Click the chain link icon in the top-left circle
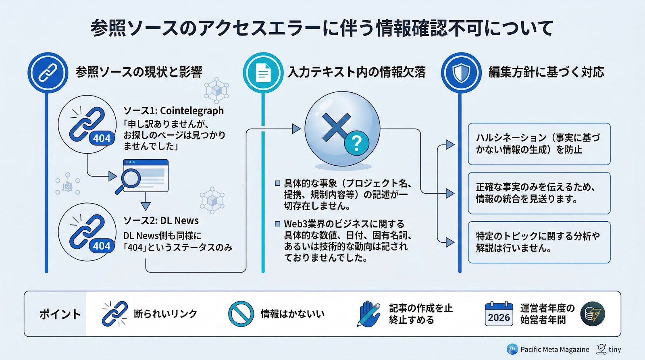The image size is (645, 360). click(48, 73)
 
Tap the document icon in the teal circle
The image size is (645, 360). click(263, 73)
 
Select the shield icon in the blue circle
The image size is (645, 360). click(461, 73)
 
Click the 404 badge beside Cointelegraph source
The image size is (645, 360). click(102, 138)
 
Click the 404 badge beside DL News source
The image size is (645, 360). click(102, 246)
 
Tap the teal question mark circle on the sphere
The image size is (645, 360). click(356, 143)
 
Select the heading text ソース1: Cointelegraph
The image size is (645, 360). click(173, 110)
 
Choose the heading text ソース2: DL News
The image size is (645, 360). click(161, 221)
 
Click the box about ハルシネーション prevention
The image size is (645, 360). click(539, 144)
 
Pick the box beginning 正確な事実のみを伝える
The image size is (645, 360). click(539, 193)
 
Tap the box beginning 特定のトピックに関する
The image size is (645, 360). click(539, 242)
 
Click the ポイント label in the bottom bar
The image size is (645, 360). click(60, 314)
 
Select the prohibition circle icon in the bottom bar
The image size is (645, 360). click(241, 314)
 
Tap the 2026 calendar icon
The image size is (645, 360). click(499, 314)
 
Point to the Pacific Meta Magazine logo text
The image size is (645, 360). click(554, 349)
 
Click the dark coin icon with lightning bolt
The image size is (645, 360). click(593, 314)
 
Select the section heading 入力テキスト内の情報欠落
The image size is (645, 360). click(356, 72)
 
